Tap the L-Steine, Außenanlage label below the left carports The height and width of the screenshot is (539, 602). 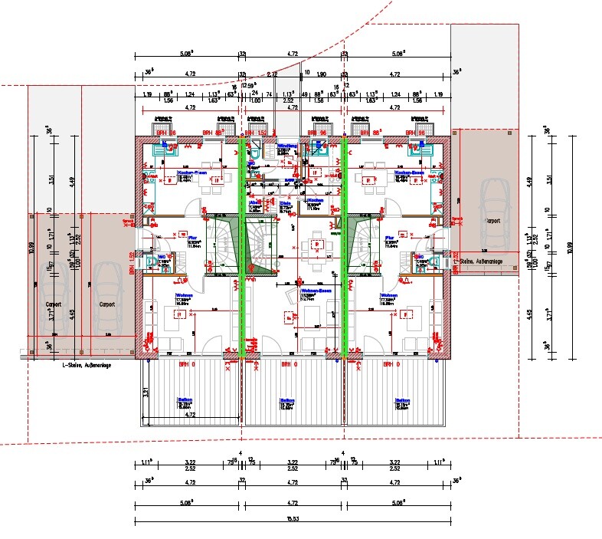87,366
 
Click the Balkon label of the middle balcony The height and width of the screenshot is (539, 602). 287,399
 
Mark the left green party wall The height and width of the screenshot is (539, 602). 243,245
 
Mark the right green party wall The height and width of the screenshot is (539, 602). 344,245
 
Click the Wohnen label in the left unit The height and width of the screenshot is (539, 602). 184,295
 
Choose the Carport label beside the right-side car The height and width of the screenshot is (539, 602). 491,219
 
